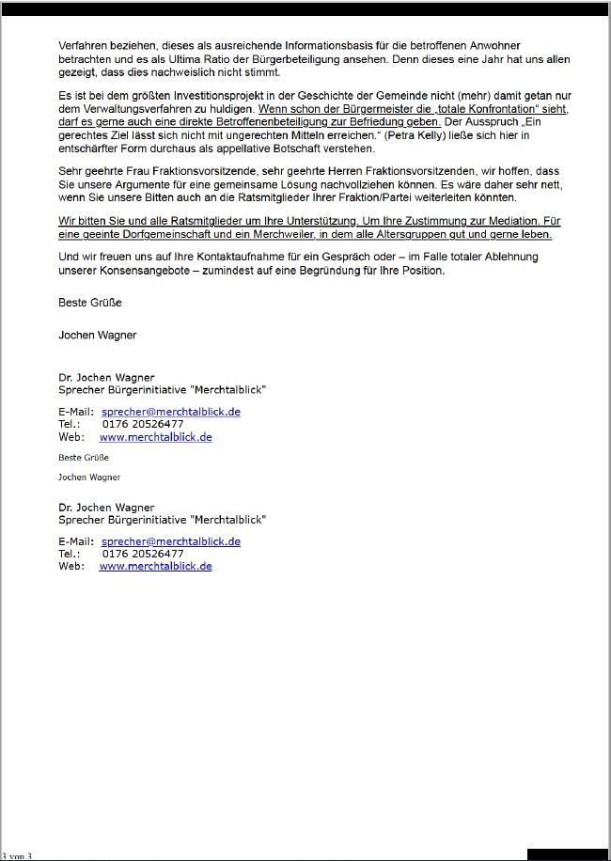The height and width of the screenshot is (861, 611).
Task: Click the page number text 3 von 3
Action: pos(18,855)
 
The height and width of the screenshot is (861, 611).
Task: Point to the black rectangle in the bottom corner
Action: pos(567,853)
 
